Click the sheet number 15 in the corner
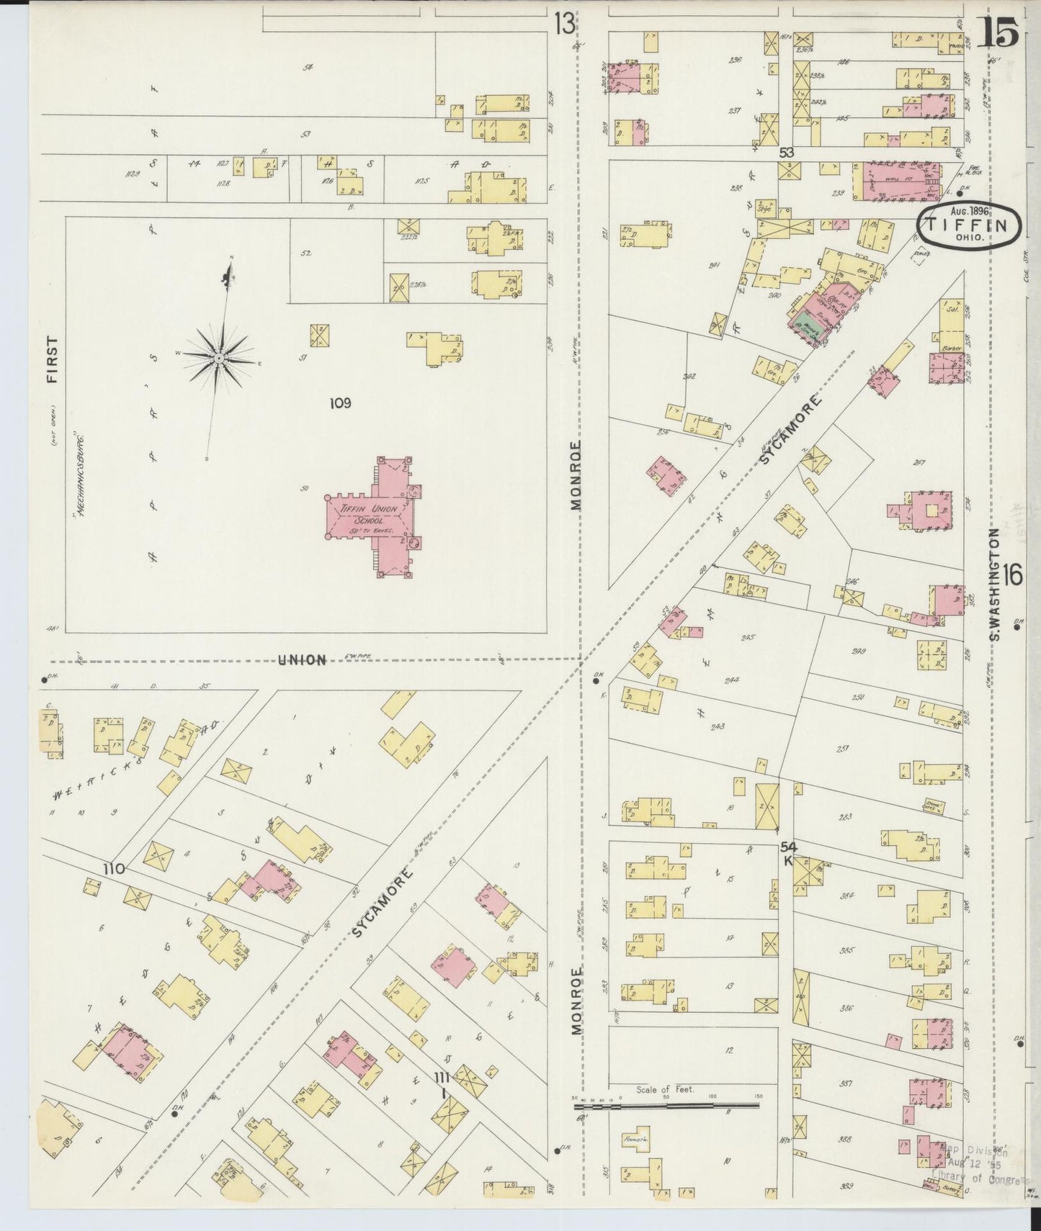999,32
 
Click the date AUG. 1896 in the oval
968,212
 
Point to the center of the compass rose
218,358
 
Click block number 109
340,404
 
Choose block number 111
442,1077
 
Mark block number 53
786,153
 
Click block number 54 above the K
788,847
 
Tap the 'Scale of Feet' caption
664,1090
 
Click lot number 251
841,749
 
